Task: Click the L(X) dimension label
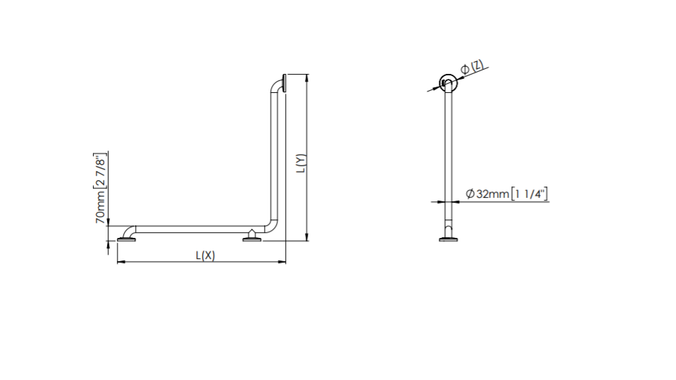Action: tap(205, 255)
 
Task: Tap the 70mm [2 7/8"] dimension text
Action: tap(100, 188)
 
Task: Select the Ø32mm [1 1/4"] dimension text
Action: tap(507, 194)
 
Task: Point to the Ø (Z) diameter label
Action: tap(472, 68)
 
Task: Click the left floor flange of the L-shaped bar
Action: tap(126, 239)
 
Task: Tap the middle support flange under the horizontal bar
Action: tap(252, 237)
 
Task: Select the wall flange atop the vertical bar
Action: tap(284, 83)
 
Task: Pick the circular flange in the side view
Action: tap(449, 83)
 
